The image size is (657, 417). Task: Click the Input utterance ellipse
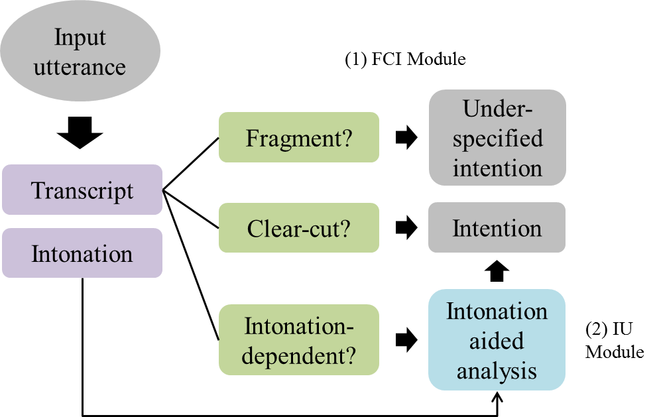pos(80,52)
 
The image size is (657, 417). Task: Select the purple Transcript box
pos(82,190)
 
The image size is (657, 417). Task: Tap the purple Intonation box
pos(82,253)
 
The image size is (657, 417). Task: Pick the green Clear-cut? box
pos(299,228)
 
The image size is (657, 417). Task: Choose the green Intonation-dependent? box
pos(299,340)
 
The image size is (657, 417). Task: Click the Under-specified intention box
pos(497,137)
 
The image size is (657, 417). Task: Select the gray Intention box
pos(497,228)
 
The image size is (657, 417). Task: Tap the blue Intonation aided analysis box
pos(497,340)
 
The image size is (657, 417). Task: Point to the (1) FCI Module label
pos(405,59)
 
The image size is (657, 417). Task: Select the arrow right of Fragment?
pos(406,138)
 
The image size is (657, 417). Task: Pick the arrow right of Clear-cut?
pos(406,228)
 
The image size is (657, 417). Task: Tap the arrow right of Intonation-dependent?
pos(406,340)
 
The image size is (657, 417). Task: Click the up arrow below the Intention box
pos(497,270)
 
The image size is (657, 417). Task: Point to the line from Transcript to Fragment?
pos(191,164)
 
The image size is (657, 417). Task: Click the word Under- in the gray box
pos(497,109)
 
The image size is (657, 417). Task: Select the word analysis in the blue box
pos(497,371)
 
